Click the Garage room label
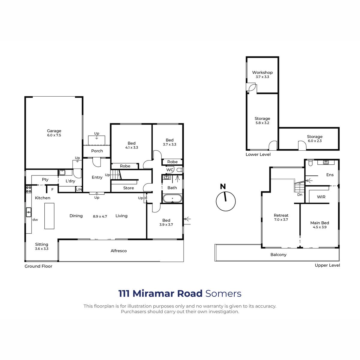pyautogui.click(x=54, y=131)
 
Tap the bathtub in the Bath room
pyautogui.click(x=172, y=198)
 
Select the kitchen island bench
pyautogui.click(x=49, y=216)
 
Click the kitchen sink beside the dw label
pyautogui.click(x=28, y=212)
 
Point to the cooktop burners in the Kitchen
pyautogui.click(x=28, y=189)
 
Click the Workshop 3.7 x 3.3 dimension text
pyautogui.click(x=262, y=77)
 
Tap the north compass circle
pyautogui.click(x=226, y=201)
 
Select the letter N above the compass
pyautogui.click(x=223, y=186)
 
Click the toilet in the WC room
pyautogui.click(x=179, y=170)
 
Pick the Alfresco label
pyautogui.click(x=118, y=251)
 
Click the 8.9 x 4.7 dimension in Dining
pyautogui.click(x=100, y=216)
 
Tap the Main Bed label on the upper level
pyautogui.click(x=319, y=223)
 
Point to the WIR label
pyautogui.click(x=321, y=197)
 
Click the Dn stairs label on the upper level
pyautogui.click(x=300, y=194)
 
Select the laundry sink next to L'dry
pyautogui.click(x=62, y=172)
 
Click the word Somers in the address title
pyautogui.click(x=223, y=293)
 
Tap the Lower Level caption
pyautogui.click(x=258, y=154)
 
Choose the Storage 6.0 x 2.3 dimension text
pyautogui.click(x=315, y=141)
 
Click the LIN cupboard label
pyautogui.click(x=79, y=189)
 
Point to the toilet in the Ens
pyautogui.click(x=310, y=163)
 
